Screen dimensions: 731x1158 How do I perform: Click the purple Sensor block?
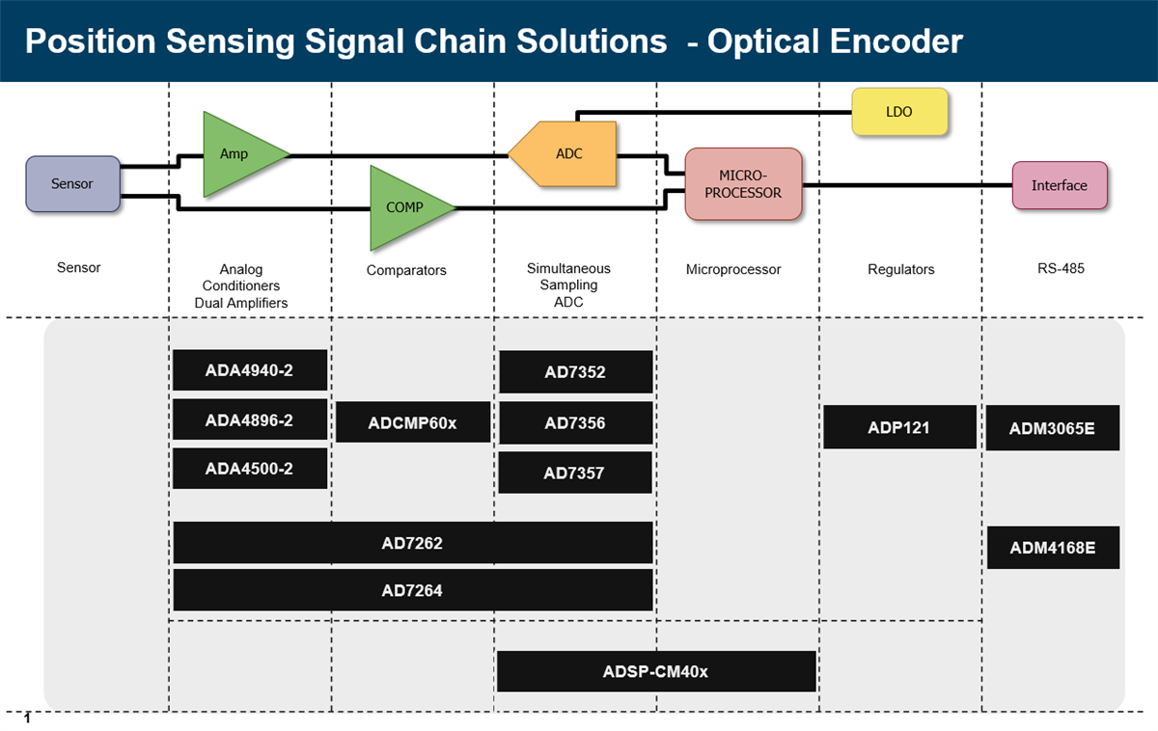[x=72, y=183]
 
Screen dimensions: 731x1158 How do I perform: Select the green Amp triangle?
[x=236, y=154]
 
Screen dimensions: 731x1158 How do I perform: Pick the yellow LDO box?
[x=899, y=112]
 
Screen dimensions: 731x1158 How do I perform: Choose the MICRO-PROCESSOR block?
[x=743, y=184]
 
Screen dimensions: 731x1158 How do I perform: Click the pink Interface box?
[x=1059, y=185]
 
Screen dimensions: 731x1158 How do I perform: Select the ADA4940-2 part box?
[x=249, y=369]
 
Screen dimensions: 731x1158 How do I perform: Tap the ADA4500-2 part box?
[x=249, y=469]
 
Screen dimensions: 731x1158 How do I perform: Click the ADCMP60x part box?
[x=413, y=422]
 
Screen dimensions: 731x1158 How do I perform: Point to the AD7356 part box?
[x=575, y=422]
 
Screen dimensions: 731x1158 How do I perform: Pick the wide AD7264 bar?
[x=412, y=590]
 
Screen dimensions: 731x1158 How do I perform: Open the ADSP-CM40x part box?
[x=655, y=671]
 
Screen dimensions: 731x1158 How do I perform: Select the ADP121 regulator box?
[x=899, y=427]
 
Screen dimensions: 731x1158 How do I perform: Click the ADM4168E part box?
[x=1052, y=548]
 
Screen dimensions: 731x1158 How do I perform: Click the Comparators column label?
[x=406, y=270]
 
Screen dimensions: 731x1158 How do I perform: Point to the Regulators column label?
[x=900, y=269]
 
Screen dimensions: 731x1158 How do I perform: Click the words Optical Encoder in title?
[x=835, y=41]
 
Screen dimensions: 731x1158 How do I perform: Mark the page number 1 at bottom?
[x=27, y=718]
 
